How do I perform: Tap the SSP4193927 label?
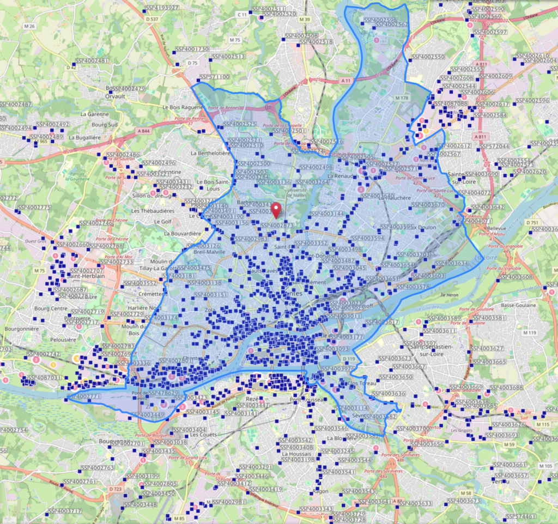tap(162, 8)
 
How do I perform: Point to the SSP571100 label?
tap(215, 77)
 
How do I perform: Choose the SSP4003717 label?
tap(63, 511)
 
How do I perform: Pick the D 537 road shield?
tap(153, 20)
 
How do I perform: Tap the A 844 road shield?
tap(144, 131)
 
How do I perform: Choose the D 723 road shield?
tap(115, 489)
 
